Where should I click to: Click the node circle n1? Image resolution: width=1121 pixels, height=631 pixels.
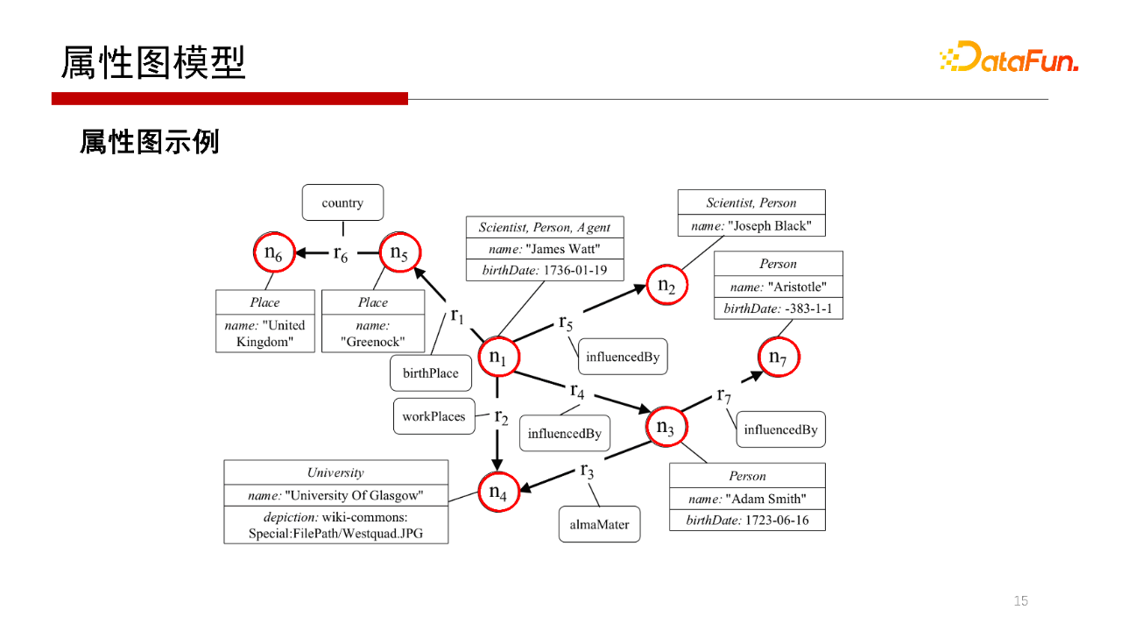click(x=498, y=358)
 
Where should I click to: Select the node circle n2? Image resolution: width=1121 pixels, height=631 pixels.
click(x=666, y=286)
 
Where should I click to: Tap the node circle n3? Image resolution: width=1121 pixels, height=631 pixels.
click(x=666, y=428)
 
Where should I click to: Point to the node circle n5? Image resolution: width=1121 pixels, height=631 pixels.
click(x=399, y=253)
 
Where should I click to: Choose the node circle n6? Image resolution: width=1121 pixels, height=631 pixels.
click(x=273, y=253)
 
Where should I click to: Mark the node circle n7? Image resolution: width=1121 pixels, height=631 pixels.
click(x=778, y=357)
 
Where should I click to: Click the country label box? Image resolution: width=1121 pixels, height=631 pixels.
click(x=342, y=202)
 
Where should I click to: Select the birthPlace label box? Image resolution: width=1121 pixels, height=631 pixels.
click(x=431, y=373)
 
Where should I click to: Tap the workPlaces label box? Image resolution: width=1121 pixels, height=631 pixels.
click(x=434, y=416)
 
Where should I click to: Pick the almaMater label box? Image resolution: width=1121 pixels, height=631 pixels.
click(x=600, y=525)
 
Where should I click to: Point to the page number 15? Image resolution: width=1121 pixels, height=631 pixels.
click(x=1020, y=600)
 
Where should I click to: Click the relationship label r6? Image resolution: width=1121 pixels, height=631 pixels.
click(x=341, y=253)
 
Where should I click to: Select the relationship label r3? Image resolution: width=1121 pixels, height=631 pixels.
click(x=588, y=471)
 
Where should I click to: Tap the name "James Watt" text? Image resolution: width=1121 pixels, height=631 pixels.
click(x=545, y=249)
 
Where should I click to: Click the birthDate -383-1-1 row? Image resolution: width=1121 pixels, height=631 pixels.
click(x=779, y=308)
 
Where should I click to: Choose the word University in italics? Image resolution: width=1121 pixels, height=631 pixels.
click(x=335, y=472)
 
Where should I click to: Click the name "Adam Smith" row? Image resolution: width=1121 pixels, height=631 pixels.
click(x=747, y=499)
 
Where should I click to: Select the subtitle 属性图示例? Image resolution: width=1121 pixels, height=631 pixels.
click(x=150, y=142)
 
